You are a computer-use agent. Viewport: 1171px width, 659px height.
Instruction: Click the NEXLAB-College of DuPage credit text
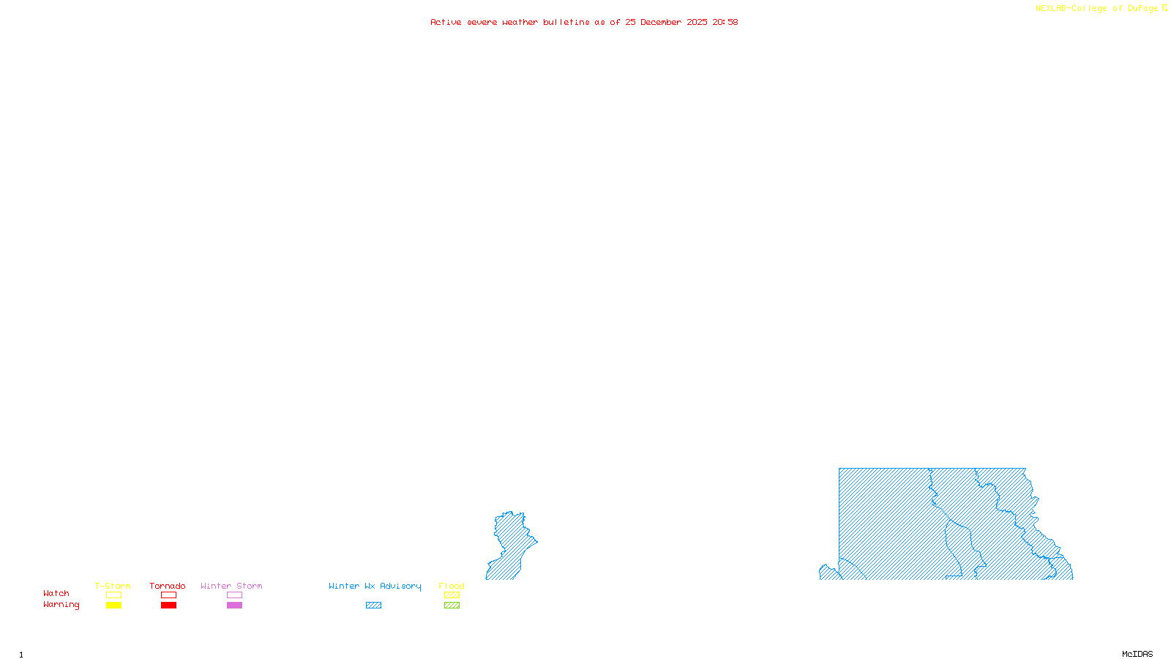1096,9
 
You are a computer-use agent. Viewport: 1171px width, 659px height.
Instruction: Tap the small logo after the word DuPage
1164,8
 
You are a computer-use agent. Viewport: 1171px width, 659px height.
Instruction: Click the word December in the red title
661,22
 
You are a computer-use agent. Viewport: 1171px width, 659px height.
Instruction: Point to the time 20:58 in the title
725,22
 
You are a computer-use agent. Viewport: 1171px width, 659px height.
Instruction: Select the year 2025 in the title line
697,22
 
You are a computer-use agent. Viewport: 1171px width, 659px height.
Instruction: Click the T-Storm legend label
113,586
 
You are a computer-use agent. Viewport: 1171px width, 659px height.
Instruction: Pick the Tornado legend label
168,586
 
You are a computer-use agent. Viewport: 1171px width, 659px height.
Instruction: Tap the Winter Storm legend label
231,586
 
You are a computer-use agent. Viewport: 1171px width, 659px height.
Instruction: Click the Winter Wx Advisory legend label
375,586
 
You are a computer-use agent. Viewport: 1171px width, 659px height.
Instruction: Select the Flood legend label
452,586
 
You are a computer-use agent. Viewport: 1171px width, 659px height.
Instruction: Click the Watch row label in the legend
56,593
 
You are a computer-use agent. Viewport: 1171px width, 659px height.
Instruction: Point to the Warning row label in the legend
61,605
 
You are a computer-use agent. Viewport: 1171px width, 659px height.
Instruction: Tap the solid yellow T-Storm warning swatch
113,606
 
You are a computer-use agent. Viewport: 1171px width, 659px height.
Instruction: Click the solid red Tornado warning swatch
169,606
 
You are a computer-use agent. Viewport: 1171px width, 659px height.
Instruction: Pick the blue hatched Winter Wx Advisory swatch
373,606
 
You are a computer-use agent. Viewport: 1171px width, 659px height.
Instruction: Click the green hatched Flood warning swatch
452,606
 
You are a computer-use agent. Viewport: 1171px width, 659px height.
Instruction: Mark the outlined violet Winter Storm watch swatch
234,595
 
